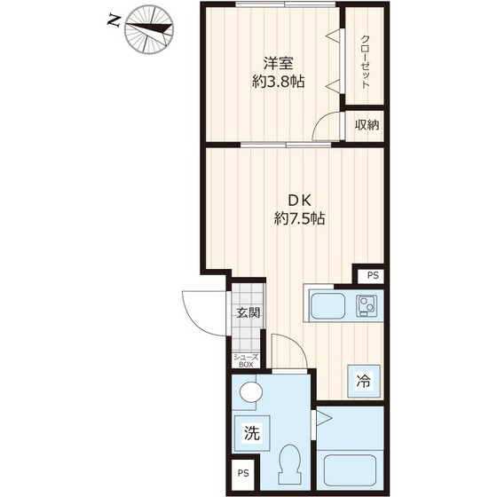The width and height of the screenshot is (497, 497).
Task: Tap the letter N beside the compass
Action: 113,21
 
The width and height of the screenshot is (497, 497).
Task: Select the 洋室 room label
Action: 279,63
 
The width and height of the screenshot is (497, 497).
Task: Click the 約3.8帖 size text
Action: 279,82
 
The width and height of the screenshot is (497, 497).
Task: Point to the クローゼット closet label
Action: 365,62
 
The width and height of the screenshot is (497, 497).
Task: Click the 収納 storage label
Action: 367,125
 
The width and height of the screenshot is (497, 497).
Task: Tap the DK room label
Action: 299,200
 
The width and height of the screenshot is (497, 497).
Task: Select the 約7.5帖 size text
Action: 299,218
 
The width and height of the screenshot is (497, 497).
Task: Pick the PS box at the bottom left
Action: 243,473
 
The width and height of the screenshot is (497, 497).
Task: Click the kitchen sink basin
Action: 327,306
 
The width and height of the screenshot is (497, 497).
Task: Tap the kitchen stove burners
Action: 367,306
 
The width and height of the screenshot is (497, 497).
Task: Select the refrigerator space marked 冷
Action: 364,381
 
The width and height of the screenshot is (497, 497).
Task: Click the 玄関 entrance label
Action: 248,312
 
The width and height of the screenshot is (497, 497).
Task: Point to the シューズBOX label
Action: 246,360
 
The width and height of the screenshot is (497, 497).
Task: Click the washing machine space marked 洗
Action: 252,433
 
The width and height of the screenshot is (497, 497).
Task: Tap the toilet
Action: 289,463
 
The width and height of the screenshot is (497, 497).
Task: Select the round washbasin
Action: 251,392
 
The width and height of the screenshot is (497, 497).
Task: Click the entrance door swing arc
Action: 194,321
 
